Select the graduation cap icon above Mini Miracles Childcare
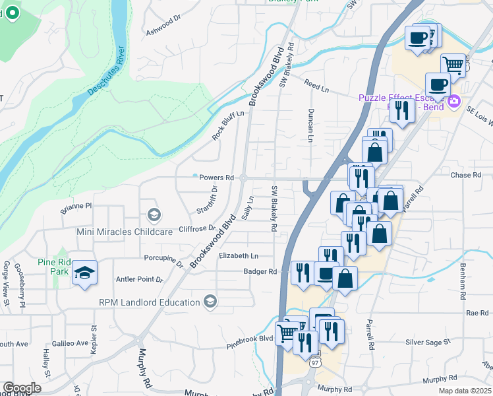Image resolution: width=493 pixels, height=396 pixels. [154, 214]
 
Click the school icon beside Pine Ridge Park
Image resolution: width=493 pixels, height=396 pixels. [85, 273]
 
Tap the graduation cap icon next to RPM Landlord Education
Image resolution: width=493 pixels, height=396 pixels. [210, 302]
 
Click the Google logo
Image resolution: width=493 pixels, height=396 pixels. [22, 388]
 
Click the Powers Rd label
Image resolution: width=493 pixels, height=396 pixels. [217, 178]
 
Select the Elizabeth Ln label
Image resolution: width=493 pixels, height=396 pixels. [239, 255]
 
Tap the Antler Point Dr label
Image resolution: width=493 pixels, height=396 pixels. [139, 279]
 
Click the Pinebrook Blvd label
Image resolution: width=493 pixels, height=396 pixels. [250, 339]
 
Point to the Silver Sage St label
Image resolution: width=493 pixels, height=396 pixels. [428, 342]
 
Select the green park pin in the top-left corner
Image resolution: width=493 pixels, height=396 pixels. [12, 13]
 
